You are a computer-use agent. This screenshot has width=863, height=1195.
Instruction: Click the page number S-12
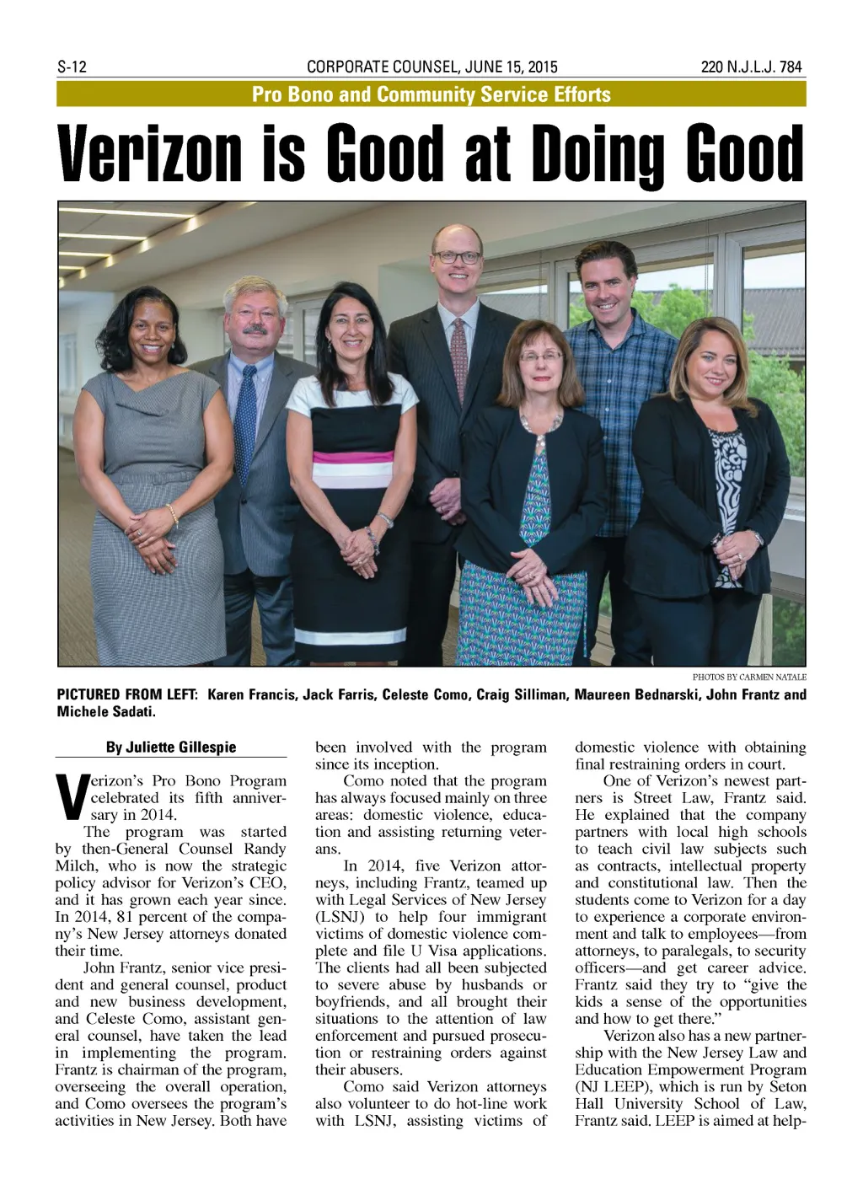[x=72, y=67]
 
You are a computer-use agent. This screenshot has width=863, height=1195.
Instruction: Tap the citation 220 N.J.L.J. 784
[x=752, y=67]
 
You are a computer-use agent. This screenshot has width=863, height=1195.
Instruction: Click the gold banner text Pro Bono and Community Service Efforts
[x=431, y=94]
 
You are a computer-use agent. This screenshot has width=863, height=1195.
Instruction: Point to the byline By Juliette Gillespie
[x=171, y=748]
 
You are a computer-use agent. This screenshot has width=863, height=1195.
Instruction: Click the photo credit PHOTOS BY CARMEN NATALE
[x=749, y=677]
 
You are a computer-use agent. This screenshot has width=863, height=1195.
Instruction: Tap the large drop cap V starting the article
[x=71, y=797]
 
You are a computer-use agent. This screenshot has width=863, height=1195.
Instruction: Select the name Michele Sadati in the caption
[x=106, y=712]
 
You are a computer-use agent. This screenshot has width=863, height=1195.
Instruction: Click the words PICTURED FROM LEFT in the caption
[x=127, y=695]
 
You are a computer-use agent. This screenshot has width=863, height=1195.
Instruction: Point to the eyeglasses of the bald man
[x=457, y=256]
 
